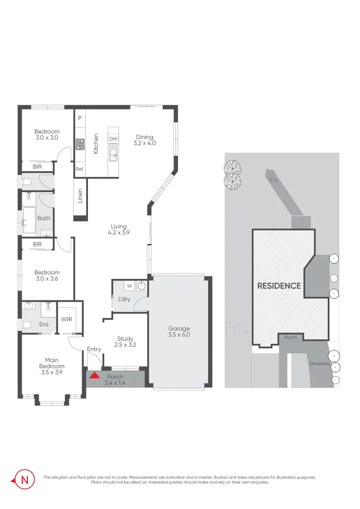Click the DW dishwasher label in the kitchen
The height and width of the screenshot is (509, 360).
pyautogui.click(x=113, y=139)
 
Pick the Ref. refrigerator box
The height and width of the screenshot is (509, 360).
pyautogui.click(x=80, y=169)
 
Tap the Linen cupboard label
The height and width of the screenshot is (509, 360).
pyautogui.click(x=80, y=196)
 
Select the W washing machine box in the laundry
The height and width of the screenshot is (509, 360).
pyautogui.click(x=129, y=286)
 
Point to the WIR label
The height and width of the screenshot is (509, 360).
pyautogui.click(x=66, y=319)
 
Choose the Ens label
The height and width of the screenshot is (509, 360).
pyautogui.click(x=44, y=325)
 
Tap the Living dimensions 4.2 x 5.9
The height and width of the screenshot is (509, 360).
pyautogui.click(x=119, y=232)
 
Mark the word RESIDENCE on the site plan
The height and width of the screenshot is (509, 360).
pyautogui.click(x=279, y=286)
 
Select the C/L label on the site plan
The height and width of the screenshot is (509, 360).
pyautogui.click(x=273, y=180)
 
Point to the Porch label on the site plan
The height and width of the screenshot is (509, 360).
pyautogui.click(x=290, y=338)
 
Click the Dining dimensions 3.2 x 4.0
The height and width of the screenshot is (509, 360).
pyautogui.click(x=145, y=143)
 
